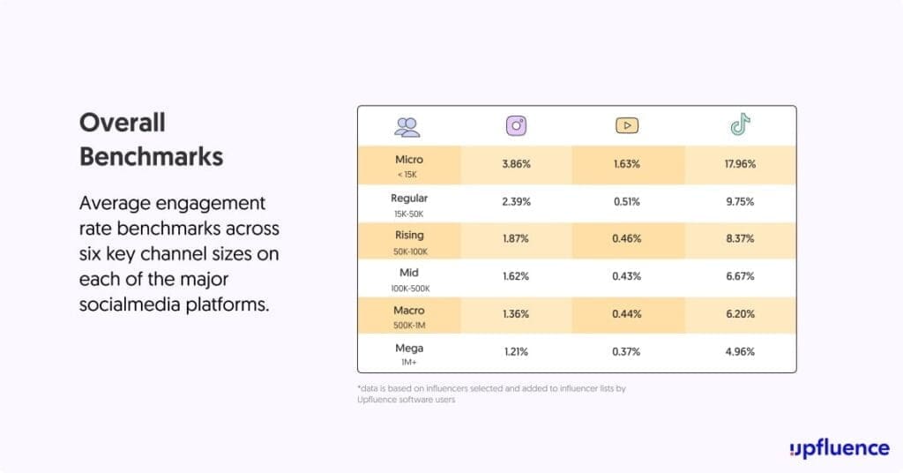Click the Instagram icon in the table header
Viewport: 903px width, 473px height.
coord(516,125)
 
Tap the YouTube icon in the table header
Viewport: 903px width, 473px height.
coord(627,125)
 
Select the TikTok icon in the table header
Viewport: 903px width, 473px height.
coord(740,125)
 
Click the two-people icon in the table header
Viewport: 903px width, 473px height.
coord(407,126)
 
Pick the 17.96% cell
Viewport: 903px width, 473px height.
coord(740,164)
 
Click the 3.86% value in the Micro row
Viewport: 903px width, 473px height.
coord(516,164)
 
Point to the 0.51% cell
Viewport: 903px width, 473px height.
coord(627,201)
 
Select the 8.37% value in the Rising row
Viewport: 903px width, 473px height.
coord(740,239)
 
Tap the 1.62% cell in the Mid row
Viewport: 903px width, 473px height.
coord(516,276)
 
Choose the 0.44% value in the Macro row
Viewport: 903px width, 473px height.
coord(627,314)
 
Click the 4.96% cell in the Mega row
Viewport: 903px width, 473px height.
coord(740,352)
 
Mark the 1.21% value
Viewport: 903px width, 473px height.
coord(516,352)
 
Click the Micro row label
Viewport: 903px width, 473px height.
coord(409,160)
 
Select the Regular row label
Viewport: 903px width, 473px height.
coord(409,198)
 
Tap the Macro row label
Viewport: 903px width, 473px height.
coord(409,311)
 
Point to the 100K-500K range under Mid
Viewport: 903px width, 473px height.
coord(409,288)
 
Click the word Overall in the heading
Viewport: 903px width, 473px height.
coord(123,122)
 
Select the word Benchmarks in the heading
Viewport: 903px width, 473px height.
coord(151,156)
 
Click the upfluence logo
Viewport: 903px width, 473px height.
coord(839,447)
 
